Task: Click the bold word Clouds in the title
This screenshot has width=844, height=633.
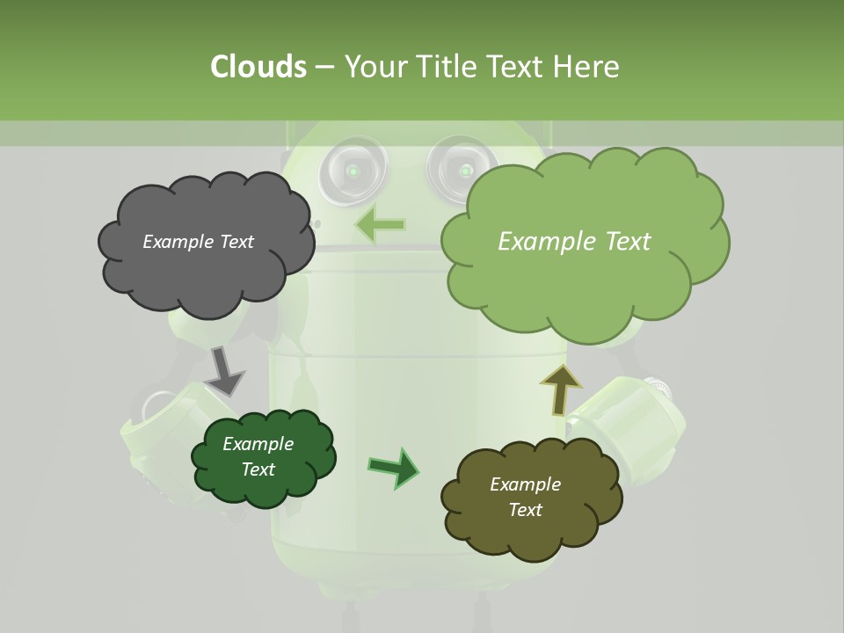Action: [x=258, y=67]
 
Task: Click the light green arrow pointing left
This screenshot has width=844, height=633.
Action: [x=379, y=225]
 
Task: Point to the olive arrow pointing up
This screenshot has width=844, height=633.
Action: [x=560, y=388]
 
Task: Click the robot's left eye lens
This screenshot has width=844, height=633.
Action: [x=353, y=170]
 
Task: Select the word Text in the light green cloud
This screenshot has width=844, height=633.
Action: [x=623, y=242]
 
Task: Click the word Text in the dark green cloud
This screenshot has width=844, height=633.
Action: [x=258, y=469]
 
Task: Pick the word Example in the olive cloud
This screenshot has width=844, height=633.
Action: [x=525, y=484]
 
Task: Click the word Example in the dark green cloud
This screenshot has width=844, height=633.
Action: [x=258, y=444]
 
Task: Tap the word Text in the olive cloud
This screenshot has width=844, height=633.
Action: [x=525, y=510]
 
